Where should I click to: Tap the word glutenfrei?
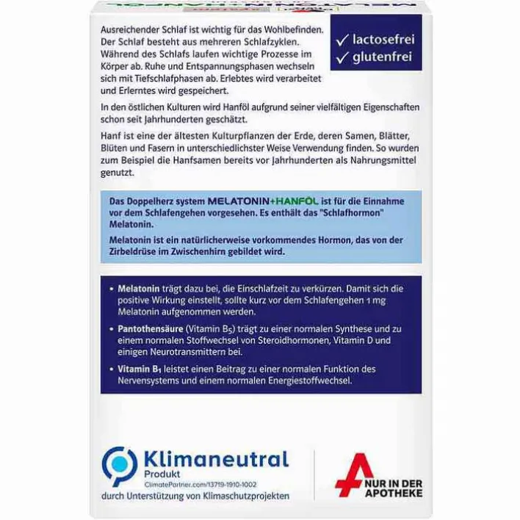coord(383,56)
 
